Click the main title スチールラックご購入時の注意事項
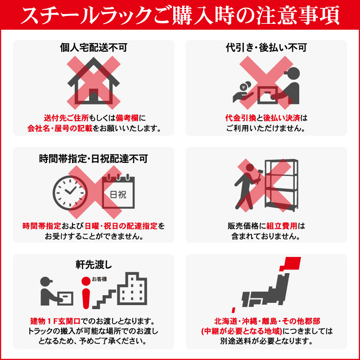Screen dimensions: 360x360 180,15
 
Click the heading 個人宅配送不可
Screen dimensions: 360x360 94,48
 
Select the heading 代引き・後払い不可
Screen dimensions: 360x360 266,48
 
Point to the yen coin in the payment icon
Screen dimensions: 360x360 244,87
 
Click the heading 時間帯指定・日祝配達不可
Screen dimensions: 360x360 94,159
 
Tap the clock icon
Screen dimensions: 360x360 70,193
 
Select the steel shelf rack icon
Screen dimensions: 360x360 282,185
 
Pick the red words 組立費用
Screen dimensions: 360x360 282,226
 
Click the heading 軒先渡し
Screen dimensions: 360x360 94,265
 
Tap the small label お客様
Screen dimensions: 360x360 99,279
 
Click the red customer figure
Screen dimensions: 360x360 86,293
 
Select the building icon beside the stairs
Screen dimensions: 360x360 132,288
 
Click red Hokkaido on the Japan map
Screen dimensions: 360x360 290,264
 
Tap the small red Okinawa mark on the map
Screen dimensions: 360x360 234,310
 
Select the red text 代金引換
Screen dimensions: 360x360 240,118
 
